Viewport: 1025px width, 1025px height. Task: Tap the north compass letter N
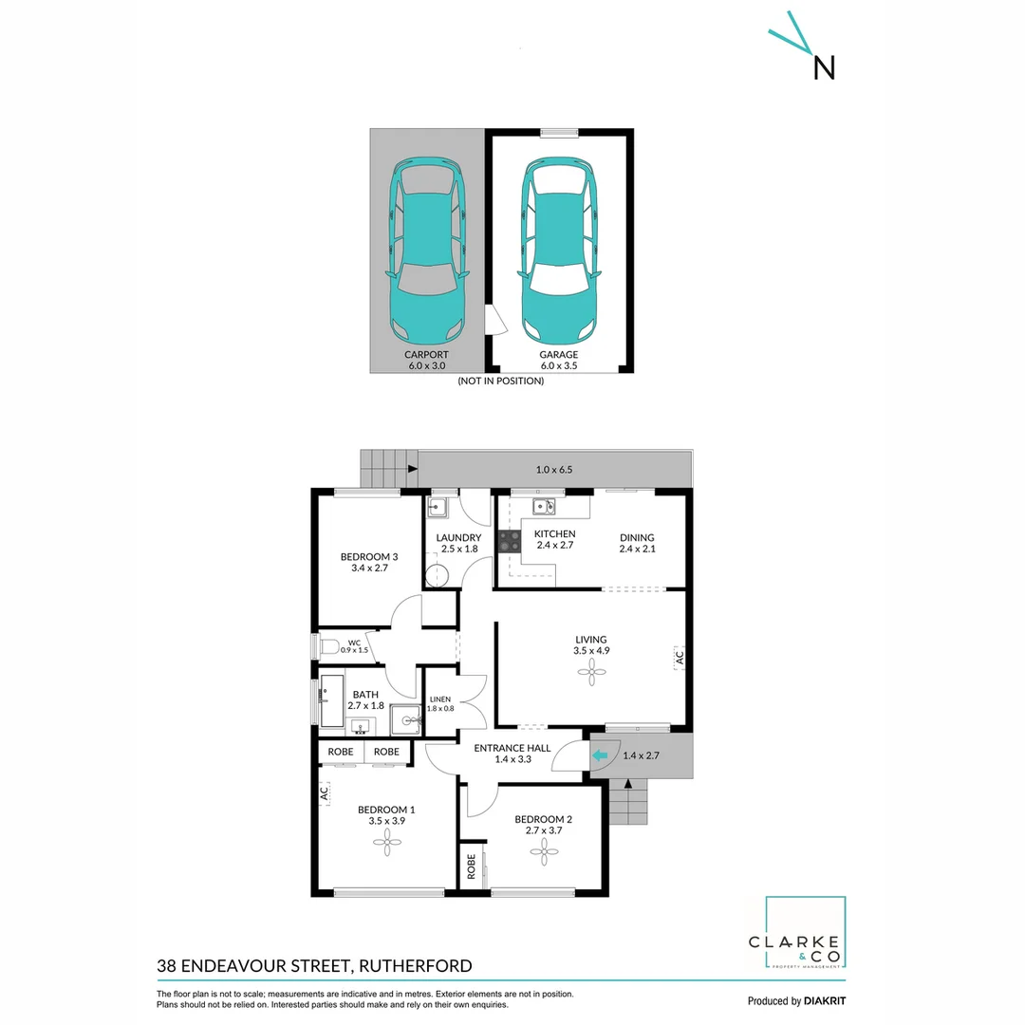[824, 66]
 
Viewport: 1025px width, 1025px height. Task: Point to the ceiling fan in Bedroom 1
[386, 838]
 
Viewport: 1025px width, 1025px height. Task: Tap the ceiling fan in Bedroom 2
[545, 851]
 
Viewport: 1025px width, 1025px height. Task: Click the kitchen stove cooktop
[510, 541]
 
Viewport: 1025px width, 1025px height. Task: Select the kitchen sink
[544, 506]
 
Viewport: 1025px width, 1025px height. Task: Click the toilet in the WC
[328, 647]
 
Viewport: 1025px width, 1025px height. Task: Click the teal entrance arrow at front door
[600, 755]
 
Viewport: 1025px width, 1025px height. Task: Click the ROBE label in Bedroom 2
[471, 867]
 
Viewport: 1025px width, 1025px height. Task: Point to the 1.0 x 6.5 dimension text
[554, 470]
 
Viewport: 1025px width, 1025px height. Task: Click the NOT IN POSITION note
[500, 381]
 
